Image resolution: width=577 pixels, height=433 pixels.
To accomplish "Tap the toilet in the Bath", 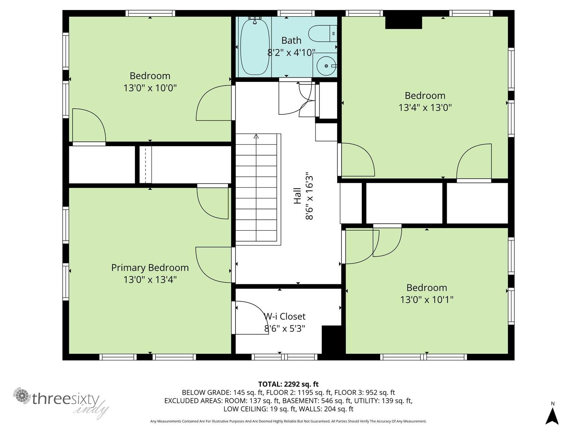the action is (x=322, y=34).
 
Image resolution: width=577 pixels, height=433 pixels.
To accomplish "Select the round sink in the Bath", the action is (x=326, y=66).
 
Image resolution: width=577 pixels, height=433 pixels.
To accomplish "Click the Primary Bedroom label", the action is (x=150, y=268).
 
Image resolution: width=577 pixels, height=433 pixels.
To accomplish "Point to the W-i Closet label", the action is (x=285, y=316).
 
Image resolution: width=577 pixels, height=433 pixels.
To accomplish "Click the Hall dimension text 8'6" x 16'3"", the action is (x=309, y=196).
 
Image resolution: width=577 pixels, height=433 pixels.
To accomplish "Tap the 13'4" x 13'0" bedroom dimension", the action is (x=425, y=108).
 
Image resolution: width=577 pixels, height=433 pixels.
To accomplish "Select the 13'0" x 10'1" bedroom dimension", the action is (x=427, y=300).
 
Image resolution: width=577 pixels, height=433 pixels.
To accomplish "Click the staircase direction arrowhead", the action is (x=256, y=136).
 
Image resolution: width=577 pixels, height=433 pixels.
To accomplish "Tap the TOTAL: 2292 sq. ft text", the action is (x=288, y=384).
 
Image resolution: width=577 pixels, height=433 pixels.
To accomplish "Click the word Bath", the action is (x=291, y=40).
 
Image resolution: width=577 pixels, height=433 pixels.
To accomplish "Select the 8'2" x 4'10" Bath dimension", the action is (x=291, y=53).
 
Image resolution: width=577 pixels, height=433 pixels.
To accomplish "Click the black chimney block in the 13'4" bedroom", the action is (x=404, y=22).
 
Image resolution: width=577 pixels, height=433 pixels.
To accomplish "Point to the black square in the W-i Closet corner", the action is (x=331, y=340).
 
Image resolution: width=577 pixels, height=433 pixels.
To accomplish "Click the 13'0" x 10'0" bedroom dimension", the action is (x=150, y=88).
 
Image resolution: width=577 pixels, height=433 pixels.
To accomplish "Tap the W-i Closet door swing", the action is (x=252, y=318).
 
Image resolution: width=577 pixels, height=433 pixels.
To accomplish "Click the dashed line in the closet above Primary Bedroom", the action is (x=145, y=165).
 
